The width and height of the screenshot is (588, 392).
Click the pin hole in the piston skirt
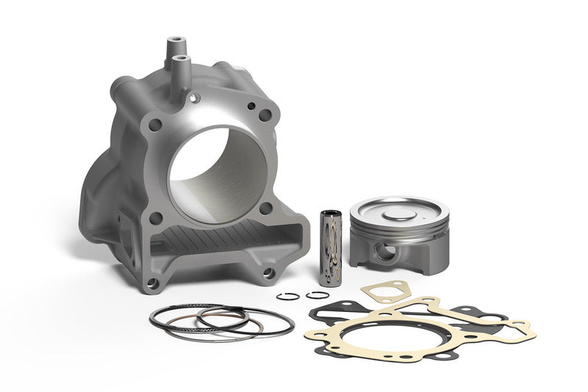[x=382, y=251]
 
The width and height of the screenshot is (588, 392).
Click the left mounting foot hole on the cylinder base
[x=151, y=283]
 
